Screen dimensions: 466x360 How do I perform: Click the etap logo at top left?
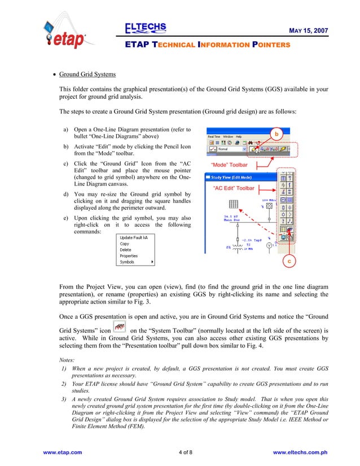[64, 35]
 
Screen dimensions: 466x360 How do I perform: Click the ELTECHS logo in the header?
[145, 28]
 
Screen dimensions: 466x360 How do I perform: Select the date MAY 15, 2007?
[305, 29]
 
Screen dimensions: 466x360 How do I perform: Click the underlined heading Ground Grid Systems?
[87, 74]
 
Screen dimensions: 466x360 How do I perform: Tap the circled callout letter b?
[276, 134]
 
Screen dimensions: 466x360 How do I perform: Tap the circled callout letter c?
[288, 261]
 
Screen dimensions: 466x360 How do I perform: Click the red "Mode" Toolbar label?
[229, 165]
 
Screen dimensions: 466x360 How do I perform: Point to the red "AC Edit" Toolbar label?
[234, 188]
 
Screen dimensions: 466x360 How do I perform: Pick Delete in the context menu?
[125, 250]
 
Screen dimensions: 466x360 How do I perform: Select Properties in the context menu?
[129, 256]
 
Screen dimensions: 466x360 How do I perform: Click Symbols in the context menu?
[128, 262]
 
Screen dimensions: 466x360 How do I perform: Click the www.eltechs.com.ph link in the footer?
[300, 452]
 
